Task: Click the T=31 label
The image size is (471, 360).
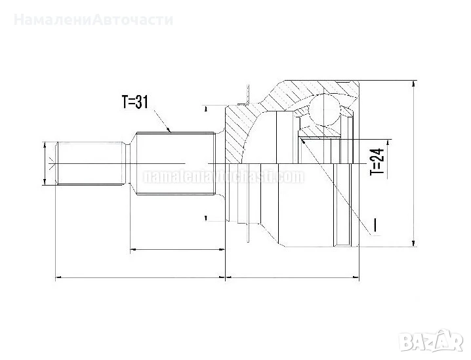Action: point(138,102)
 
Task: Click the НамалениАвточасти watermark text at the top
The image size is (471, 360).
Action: point(92,19)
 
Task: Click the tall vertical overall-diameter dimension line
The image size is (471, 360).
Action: point(413,164)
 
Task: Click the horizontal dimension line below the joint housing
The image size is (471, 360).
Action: point(293,278)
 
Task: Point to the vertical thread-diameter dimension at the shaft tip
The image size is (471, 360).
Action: point(45,163)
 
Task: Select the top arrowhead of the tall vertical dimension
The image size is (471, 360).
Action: point(413,85)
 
